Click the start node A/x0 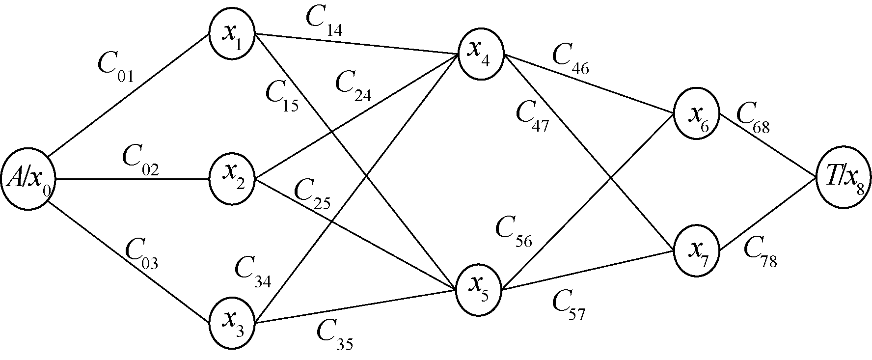click(x=28, y=181)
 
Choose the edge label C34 click(x=253, y=273)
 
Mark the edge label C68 click(x=753, y=119)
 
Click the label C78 click(x=760, y=252)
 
